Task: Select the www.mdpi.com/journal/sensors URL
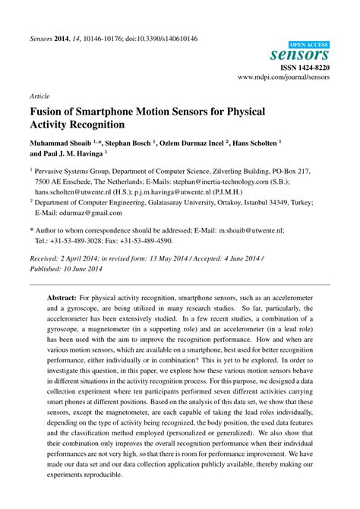pyautogui.click(x=283, y=77)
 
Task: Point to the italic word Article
pyautogui.click(x=39, y=97)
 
